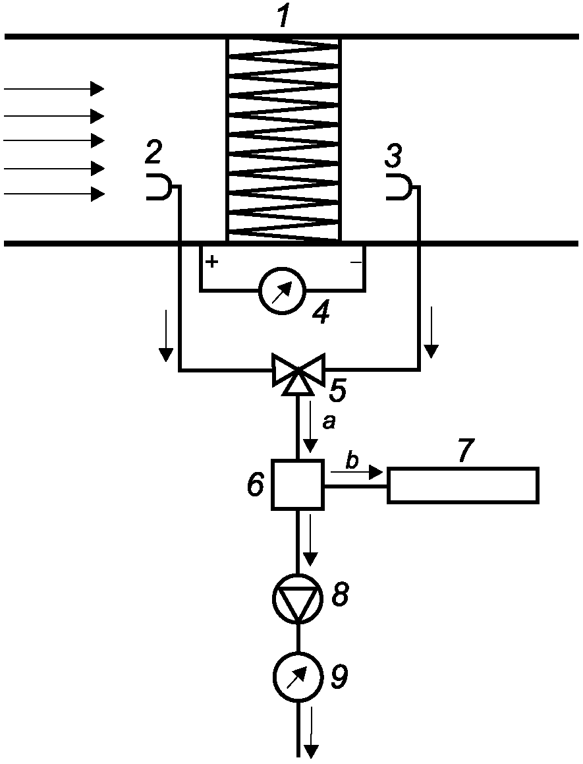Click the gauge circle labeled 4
pyautogui.click(x=282, y=291)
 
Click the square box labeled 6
pyautogui.click(x=297, y=485)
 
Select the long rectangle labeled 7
pyautogui.click(x=462, y=485)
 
